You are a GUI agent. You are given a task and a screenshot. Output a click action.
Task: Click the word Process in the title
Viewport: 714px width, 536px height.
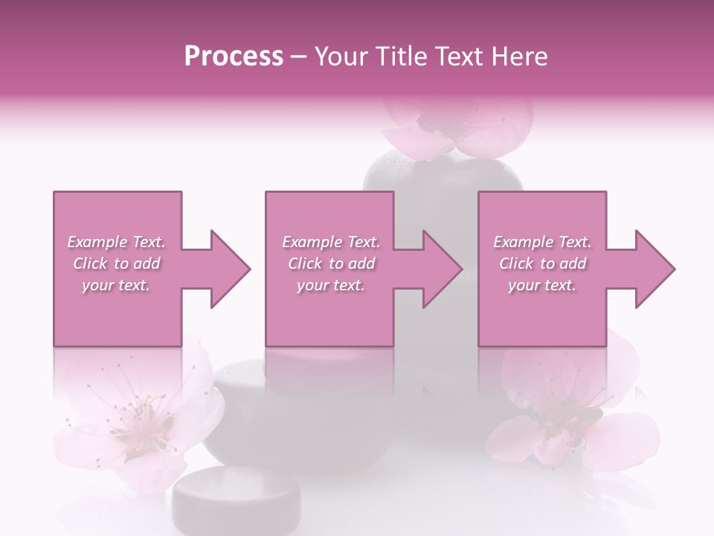(x=234, y=57)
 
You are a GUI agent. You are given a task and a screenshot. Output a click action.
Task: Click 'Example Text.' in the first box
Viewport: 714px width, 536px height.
(x=117, y=242)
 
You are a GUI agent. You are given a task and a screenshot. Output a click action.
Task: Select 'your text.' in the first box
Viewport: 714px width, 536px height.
(x=117, y=285)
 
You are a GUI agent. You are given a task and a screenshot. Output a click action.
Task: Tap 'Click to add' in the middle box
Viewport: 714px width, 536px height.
(x=331, y=264)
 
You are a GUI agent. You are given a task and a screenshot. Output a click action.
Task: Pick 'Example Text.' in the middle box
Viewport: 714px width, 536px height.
(x=331, y=242)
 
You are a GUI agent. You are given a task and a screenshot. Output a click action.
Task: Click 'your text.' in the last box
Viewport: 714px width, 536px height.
(x=542, y=285)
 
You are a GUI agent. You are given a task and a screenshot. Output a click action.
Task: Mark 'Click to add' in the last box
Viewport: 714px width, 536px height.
(x=542, y=264)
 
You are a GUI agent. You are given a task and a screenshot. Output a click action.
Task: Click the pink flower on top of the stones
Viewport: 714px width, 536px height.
(x=458, y=127)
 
